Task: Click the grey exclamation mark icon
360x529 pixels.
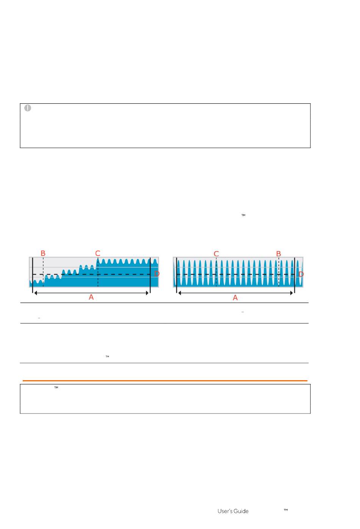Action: point(28,108)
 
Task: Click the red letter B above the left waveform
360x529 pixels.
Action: point(43,253)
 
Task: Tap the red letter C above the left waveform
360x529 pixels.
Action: point(98,253)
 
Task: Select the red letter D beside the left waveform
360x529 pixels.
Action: point(157,274)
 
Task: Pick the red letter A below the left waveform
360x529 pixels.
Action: point(91,297)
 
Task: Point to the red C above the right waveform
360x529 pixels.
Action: point(216,254)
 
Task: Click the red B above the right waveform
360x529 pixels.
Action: point(279,254)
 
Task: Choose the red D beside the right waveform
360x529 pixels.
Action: point(301,274)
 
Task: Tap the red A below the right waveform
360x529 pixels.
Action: point(235,298)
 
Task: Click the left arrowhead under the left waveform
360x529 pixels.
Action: point(36,293)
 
